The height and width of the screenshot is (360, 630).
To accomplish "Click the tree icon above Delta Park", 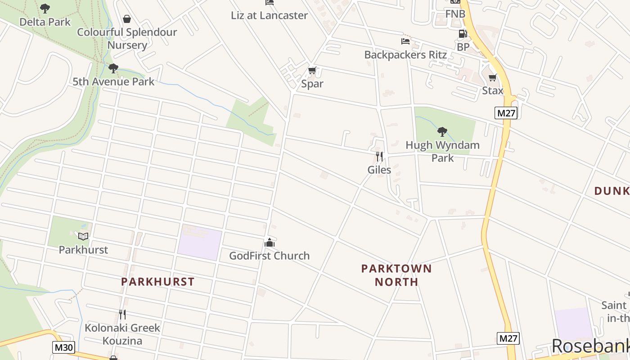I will [45, 8].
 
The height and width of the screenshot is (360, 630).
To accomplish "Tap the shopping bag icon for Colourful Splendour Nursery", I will [127, 19].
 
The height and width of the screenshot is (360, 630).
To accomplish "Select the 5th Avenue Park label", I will [113, 81].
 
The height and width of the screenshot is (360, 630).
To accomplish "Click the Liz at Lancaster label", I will [269, 15].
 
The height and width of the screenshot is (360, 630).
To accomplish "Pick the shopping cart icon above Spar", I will [312, 71].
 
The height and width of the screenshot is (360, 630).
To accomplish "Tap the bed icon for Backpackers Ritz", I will [405, 41].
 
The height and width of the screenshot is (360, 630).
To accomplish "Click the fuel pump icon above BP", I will [463, 34].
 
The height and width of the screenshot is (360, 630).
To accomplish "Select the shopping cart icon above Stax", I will [493, 78].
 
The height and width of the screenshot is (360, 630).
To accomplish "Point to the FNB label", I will [455, 14].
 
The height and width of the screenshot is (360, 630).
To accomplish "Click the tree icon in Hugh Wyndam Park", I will [442, 132].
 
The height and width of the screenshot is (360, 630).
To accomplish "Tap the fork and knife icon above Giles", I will [379, 157].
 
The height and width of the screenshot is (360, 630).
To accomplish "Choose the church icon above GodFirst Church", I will [270, 243].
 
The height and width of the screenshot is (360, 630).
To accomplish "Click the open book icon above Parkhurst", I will [83, 236].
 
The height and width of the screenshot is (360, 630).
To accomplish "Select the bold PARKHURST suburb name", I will [158, 282].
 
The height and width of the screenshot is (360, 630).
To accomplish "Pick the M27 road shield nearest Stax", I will [506, 113].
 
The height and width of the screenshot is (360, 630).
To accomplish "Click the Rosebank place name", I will [590, 346].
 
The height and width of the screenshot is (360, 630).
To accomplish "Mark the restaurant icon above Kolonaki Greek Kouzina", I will [122, 314].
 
